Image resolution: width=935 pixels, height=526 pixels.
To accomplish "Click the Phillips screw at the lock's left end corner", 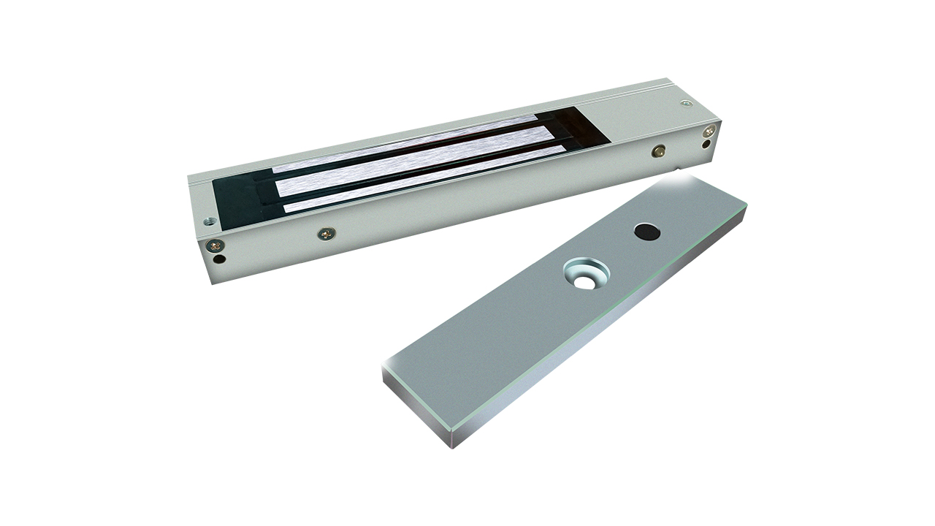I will coord(214,245).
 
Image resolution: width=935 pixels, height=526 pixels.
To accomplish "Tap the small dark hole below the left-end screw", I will coord(218,258).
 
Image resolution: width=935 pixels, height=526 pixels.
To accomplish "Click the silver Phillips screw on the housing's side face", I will coord(327,234).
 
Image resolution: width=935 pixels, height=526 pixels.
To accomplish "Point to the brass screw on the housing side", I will coord(659,150).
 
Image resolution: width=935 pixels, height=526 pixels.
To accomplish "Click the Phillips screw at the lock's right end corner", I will coord(708,131).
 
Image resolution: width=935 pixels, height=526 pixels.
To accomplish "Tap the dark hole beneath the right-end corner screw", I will coord(706,144).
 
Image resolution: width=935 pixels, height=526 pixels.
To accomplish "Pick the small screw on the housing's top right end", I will coord(685,104).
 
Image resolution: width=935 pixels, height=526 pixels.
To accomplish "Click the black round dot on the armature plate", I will coord(645,232).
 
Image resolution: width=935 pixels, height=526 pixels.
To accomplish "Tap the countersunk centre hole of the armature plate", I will coord(586,276).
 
